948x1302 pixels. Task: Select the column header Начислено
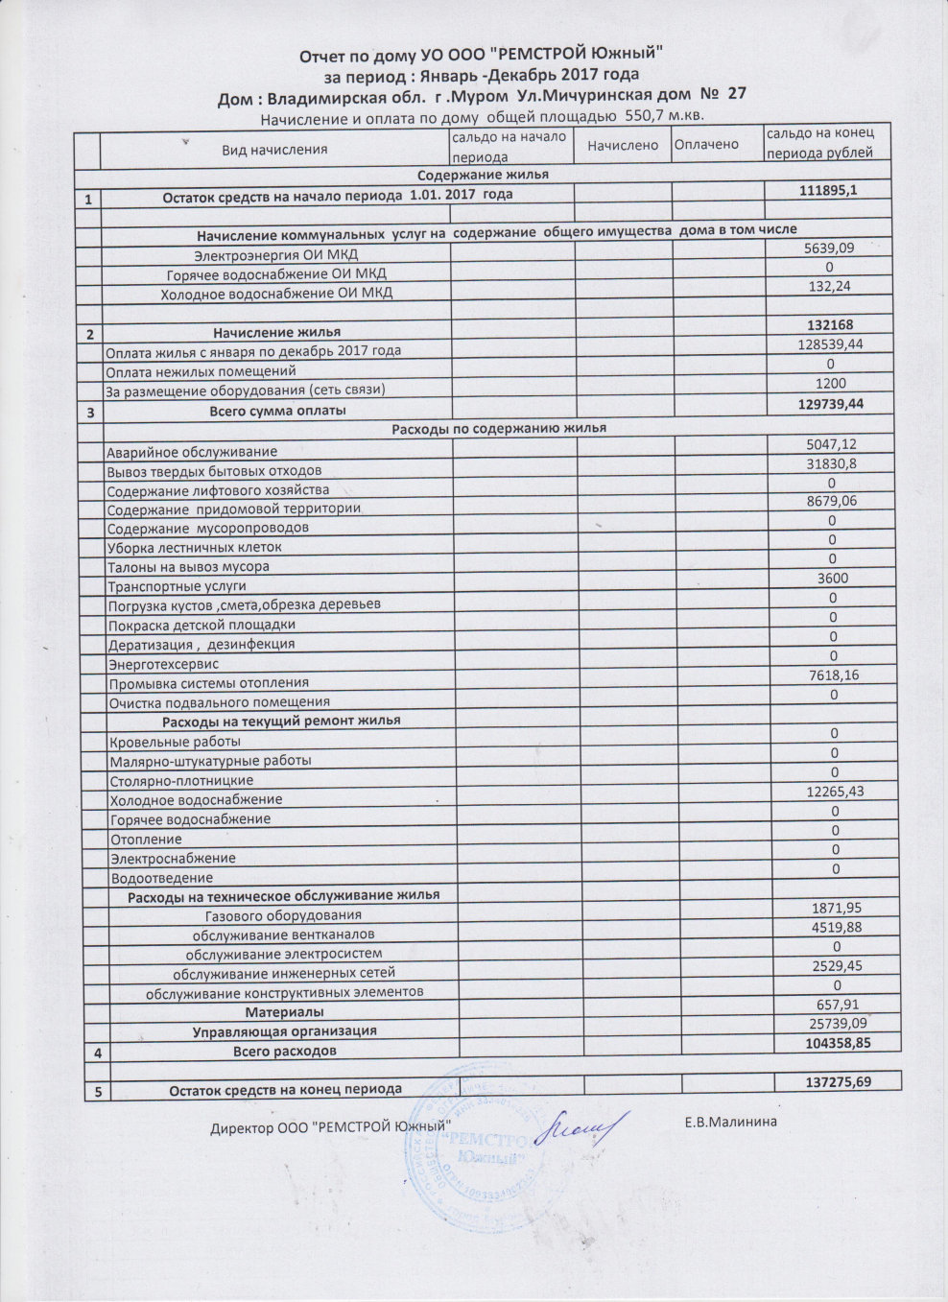(x=623, y=145)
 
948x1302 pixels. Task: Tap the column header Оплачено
(x=706, y=144)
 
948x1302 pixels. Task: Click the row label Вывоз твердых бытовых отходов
(x=214, y=470)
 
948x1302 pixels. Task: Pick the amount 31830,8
(x=831, y=463)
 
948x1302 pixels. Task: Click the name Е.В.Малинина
(x=730, y=1122)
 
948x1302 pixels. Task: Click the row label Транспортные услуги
(x=178, y=586)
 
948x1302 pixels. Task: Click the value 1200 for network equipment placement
(x=830, y=384)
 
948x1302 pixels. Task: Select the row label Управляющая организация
(x=284, y=1031)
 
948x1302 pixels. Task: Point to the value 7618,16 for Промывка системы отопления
(x=833, y=675)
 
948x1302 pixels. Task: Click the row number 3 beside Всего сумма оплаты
(x=90, y=414)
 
